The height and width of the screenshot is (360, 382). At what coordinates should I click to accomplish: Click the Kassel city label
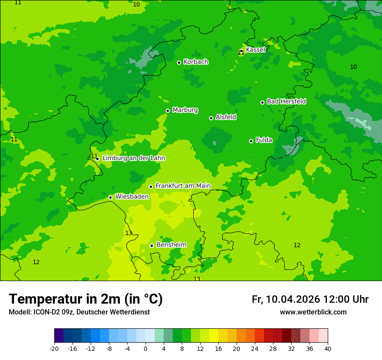(255, 50)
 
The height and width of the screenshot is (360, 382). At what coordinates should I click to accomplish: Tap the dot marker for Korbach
(179, 62)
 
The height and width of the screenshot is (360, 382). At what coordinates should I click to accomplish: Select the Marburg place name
(185, 110)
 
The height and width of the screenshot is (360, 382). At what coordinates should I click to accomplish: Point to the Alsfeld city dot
(211, 118)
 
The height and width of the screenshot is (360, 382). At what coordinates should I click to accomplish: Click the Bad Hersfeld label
(286, 101)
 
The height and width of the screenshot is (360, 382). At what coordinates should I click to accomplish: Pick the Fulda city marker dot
(251, 141)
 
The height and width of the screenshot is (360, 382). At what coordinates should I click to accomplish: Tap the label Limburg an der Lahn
(133, 158)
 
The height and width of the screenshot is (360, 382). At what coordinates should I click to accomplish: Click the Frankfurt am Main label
(183, 186)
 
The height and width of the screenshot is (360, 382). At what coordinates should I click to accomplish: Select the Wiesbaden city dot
(110, 197)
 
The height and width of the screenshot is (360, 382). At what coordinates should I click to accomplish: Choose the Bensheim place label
(171, 245)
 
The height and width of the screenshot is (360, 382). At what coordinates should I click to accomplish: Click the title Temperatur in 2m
(86, 299)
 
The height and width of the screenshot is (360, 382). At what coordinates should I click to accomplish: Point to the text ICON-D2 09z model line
(79, 312)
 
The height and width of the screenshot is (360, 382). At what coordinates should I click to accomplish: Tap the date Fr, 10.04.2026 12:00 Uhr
(310, 299)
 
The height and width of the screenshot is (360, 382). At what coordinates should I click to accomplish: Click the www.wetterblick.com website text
(313, 312)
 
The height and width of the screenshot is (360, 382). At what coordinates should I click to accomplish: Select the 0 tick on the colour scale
(145, 349)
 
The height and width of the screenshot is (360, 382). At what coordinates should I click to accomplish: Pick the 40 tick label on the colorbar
(328, 349)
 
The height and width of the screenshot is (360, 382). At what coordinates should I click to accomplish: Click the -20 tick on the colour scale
(54, 349)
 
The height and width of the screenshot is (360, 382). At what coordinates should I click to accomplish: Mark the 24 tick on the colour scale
(255, 349)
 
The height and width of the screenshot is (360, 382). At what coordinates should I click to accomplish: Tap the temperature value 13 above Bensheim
(128, 233)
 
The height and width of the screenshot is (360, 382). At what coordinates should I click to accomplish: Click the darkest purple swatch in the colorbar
(59, 336)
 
